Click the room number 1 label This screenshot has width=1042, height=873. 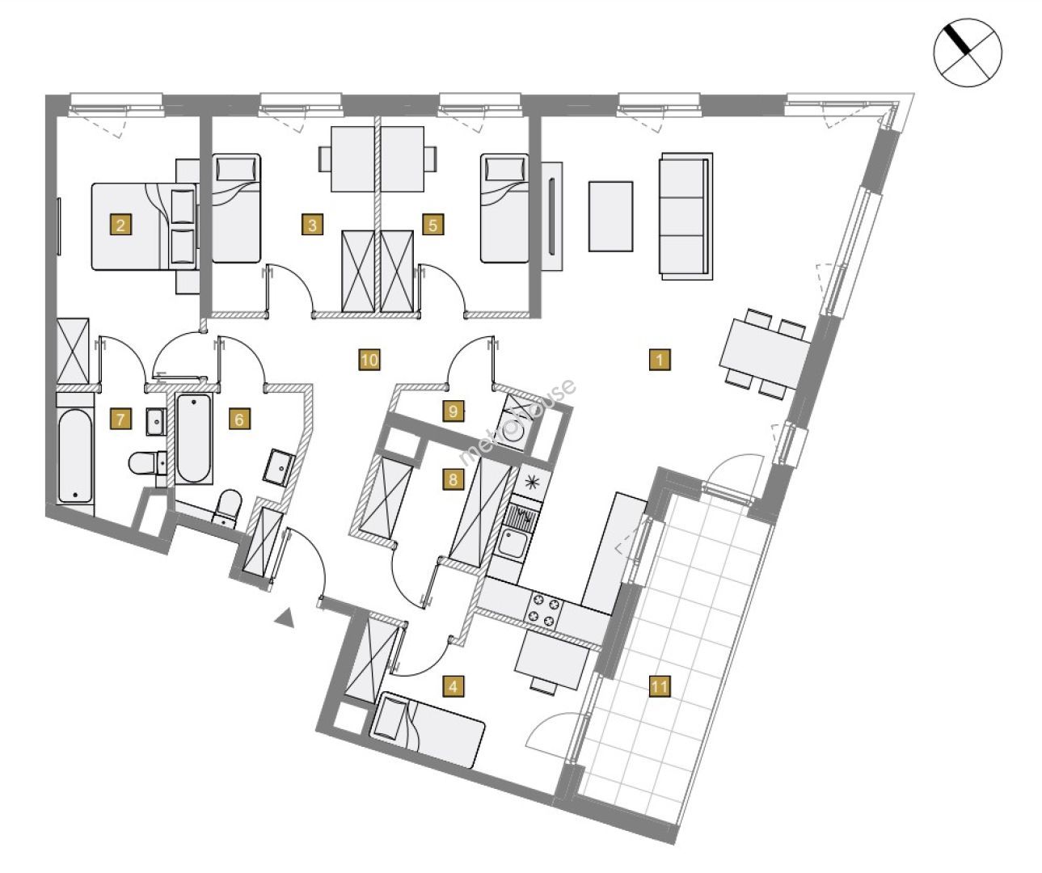pos(660,360)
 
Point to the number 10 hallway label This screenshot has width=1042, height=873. pos(369,360)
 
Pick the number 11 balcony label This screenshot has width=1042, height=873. pos(660,687)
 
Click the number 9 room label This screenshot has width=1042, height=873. pos(454,411)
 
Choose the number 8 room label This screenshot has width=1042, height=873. pos(454,479)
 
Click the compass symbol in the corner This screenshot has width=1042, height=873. pos(968,54)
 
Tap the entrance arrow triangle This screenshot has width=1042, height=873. pos(283,618)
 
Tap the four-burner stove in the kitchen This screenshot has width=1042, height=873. pos(544,610)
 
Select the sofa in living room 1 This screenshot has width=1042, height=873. pos(686,216)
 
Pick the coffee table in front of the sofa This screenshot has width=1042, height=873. pos(610,216)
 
